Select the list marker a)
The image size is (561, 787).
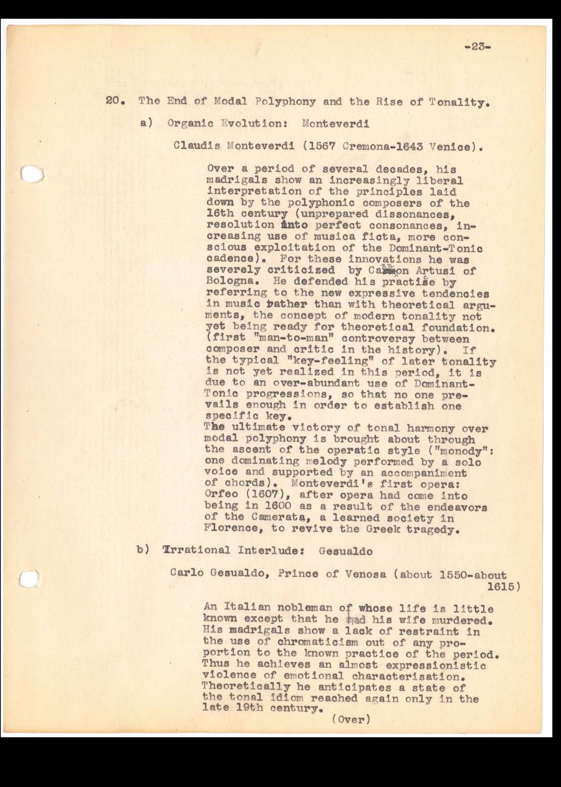pyautogui.click(x=148, y=123)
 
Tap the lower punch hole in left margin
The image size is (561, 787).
pyautogui.click(x=29, y=580)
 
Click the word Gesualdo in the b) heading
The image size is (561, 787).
pyautogui.click(x=345, y=551)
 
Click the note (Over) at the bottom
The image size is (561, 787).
pyautogui.click(x=351, y=720)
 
